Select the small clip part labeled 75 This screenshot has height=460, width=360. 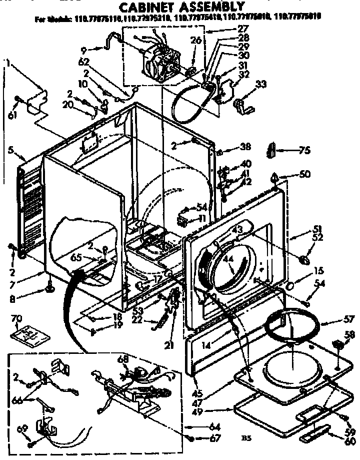(x=271, y=149)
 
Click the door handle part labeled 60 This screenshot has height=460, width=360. (x=315, y=434)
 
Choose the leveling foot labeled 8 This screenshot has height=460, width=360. (x=50, y=288)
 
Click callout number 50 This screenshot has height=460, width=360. (x=304, y=174)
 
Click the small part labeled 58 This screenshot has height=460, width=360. (x=337, y=345)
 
